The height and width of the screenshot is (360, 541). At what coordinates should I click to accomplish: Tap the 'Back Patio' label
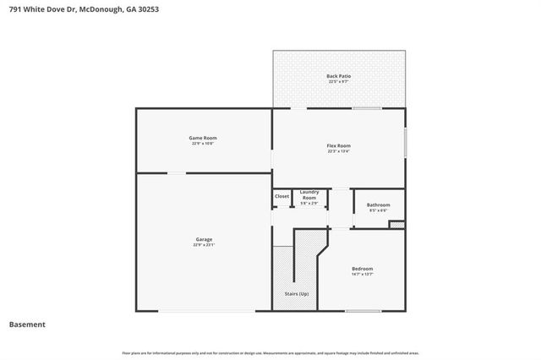pos(338,76)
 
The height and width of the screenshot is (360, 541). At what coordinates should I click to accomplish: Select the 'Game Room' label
pos(203,138)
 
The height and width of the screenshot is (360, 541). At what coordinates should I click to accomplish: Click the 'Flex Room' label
pos(338,146)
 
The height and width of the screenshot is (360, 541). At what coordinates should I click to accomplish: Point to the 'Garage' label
pos(204,239)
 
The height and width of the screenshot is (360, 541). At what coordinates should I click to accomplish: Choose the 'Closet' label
pos(281,197)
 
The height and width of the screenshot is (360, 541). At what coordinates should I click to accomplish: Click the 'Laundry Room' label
pos(309,194)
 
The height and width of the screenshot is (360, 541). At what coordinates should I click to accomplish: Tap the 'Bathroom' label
pos(378,205)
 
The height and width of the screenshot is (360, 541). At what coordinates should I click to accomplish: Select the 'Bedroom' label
pos(362,269)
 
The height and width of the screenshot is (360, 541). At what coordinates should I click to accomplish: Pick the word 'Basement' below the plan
pos(27,324)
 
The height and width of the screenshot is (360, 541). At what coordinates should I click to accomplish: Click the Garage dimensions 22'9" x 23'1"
pos(204,245)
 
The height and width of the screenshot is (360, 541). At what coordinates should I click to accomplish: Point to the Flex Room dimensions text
pos(338,152)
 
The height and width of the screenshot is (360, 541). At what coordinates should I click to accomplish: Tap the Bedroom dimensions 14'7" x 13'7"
pos(362,275)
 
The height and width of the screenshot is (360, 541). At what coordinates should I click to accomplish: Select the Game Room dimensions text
pos(203,144)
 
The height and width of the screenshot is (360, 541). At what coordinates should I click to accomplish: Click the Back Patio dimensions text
pos(338,82)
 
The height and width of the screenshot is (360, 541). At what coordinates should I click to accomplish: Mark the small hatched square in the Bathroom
pos(396,225)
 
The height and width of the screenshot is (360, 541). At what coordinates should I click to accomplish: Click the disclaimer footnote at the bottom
pos(270,351)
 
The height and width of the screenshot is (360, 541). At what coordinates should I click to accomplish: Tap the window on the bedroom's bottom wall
pos(363,311)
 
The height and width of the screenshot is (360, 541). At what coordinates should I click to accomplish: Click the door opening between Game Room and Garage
pos(177,173)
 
